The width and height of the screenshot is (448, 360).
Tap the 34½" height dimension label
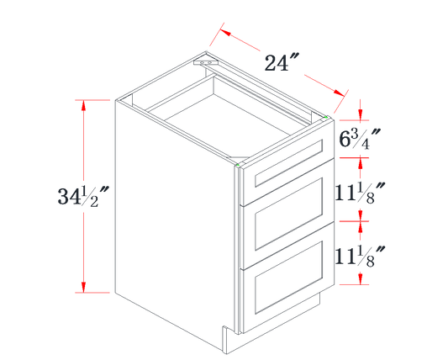pos(82,197)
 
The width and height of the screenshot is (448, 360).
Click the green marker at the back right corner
pos(327,118)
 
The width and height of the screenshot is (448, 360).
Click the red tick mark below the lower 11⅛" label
pos(361,283)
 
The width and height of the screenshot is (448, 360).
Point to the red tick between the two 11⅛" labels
pos(361,220)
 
